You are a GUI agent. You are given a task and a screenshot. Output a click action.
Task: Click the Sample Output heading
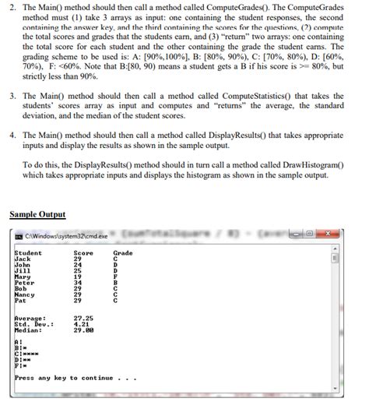pyautogui.click(x=37, y=214)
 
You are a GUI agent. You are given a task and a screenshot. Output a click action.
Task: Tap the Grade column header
pyautogui.click(x=123, y=252)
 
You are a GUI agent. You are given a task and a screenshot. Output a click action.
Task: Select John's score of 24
pyautogui.click(x=77, y=264)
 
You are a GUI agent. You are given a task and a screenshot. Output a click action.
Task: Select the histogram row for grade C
pyautogui.click(x=26, y=351)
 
